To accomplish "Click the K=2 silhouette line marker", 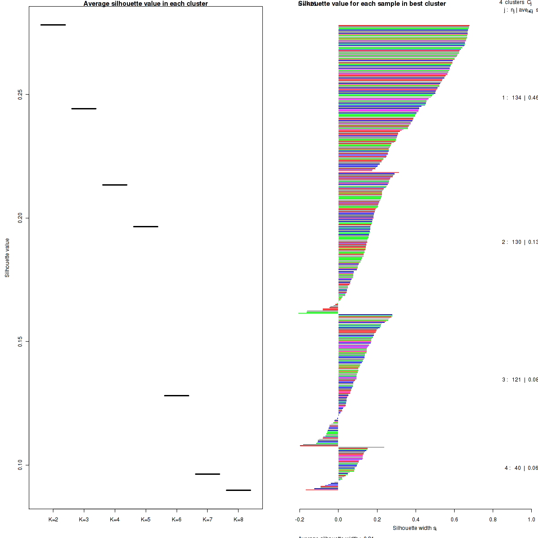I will pyautogui.click(x=53, y=25).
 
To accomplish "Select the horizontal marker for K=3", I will pyautogui.click(x=84, y=108).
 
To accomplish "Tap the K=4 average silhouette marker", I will pyautogui.click(x=115, y=185).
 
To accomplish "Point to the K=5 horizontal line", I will pyautogui.click(x=146, y=226).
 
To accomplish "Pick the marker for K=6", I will pyautogui.click(x=177, y=395).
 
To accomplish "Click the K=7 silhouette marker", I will pyautogui.click(x=208, y=474).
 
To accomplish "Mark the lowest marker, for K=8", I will pyautogui.click(x=239, y=490).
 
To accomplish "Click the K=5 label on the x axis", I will pyautogui.click(x=146, y=520).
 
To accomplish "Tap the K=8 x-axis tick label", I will pyautogui.click(x=239, y=520).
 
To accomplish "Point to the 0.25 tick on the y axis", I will pyautogui.click(x=20, y=95).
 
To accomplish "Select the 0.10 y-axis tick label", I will pyautogui.click(x=20, y=465).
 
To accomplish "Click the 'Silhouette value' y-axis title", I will pyautogui.click(x=7, y=257).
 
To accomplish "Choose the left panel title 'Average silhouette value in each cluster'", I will pyautogui.click(x=146, y=4).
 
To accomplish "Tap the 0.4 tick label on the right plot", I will pyautogui.click(x=416, y=520).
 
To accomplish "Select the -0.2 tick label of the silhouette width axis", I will pyautogui.click(x=299, y=520).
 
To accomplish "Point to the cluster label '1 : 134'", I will pyautogui.click(x=512, y=98).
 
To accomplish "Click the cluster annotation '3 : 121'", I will pyautogui.click(x=512, y=380).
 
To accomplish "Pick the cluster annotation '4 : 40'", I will pyautogui.click(x=513, y=468).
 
